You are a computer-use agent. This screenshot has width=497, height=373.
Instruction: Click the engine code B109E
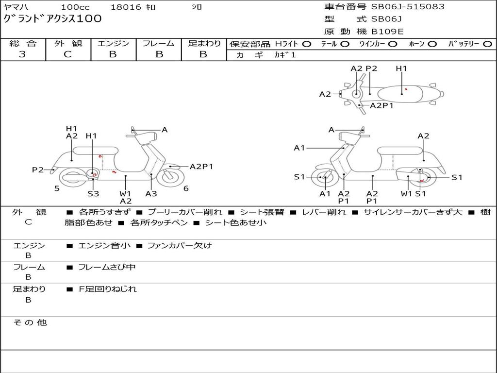click(x=387, y=32)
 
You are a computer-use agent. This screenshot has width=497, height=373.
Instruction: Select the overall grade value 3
click(x=22, y=54)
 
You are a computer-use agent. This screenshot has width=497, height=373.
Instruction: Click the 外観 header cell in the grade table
click(x=68, y=43)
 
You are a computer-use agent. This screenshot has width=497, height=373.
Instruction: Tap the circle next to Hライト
click(x=306, y=44)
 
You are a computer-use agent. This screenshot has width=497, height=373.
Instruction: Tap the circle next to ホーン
click(x=432, y=44)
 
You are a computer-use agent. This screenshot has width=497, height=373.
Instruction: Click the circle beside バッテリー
click(x=487, y=44)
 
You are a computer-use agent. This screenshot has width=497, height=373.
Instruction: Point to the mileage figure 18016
click(x=126, y=7)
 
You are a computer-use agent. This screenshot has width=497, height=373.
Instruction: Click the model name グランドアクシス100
click(x=52, y=19)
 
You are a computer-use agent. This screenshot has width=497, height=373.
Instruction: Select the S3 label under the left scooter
click(x=93, y=193)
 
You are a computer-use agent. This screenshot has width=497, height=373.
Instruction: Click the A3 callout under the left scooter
click(x=151, y=193)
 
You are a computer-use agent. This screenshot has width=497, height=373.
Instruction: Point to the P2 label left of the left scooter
click(x=37, y=170)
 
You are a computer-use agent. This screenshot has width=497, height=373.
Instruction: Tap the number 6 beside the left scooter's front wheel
click(x=186, y=188)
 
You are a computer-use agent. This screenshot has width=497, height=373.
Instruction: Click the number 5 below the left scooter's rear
click(x=57, y=188)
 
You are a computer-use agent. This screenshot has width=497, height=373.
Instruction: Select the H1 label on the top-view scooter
click(x=401, y=68)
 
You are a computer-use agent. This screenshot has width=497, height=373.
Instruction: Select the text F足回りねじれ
click(x=108, y=289)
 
